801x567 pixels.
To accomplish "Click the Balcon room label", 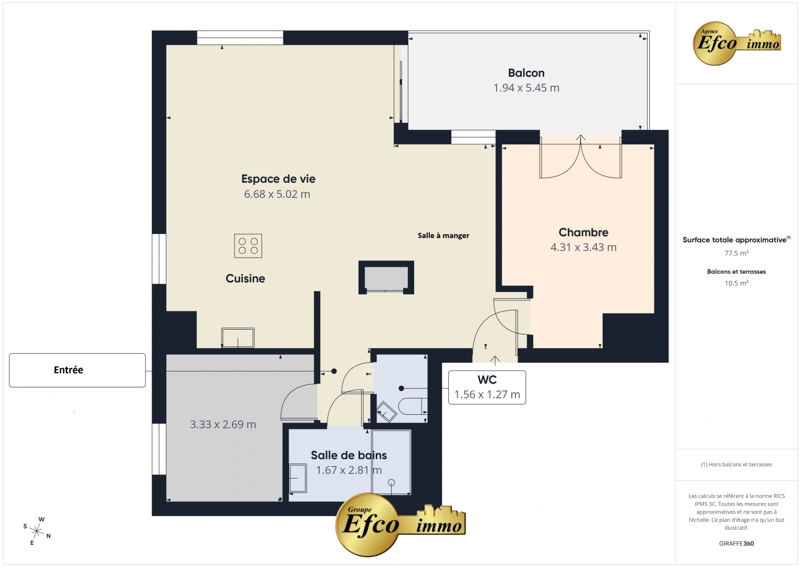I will click(x=526, y=73).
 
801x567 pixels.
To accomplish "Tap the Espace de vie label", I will click(x=278, y=179).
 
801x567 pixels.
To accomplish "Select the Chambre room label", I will click(x=583, y=233).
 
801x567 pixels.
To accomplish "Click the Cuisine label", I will click(x=245, y=279).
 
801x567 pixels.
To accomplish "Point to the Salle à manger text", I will click(x=444, y=236).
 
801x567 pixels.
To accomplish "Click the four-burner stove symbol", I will click(x=248, y=246).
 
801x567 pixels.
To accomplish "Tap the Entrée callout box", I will click(x=77, y=370).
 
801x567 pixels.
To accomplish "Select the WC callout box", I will click(x=487, y=387).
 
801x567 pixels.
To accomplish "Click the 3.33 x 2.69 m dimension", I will click(x=223, y=425).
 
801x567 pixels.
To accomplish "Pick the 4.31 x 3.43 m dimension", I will click(x=583, y=247).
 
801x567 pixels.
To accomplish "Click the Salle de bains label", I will click(x=349, y=455).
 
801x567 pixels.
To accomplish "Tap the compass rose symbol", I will click(x=37, y=530).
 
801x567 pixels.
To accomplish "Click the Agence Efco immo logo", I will click(x=737, y=43).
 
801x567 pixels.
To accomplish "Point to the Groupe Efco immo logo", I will click(x=400, y=524).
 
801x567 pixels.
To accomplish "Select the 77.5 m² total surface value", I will click(x=736, y=253).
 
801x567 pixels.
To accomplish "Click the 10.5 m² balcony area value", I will click(x=736, y=283).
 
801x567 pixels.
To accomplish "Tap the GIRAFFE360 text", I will click(x=736, y=544).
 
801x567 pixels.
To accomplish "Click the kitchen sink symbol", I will click(x=238, y=338).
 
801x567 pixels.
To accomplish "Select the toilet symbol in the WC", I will click(x=413, y=406).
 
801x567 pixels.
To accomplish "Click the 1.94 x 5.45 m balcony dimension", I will click(x=526, y=88).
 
